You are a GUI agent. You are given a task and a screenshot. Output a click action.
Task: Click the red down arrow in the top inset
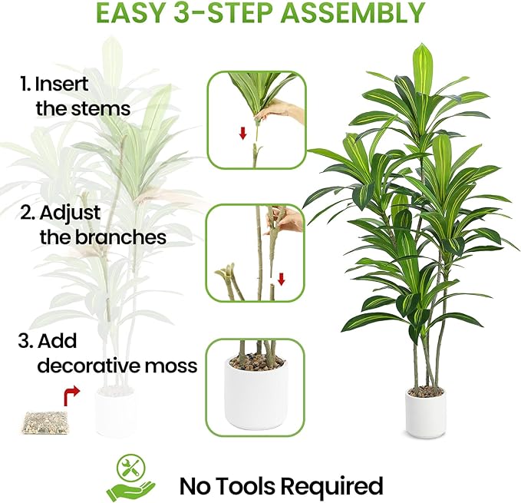pos(242,133)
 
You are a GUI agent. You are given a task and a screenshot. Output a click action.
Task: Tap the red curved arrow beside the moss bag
pos(70,396)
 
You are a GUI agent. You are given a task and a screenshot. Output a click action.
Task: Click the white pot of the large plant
pos(425,412)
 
